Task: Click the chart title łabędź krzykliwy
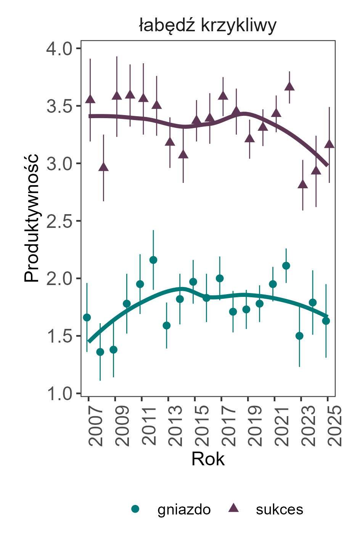pyautogui.click(x=207, y=26)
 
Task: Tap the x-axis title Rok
pyautogui.click(x=208, y=459)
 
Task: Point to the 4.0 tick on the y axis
pyautogui.click(x=59, y=49)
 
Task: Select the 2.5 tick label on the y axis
pyautogui.click(x=59, y=221)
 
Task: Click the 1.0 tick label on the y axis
pyautogui.click(x=59, y=394)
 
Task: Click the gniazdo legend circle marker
pyautogui.click(x=135, y=509)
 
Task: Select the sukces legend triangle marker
pyautogui.click(x=233, y=508)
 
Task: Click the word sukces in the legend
pyautogui.click(x=280, y=510)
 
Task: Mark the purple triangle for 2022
pyautogui.click(x=289, y=87)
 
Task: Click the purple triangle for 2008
pyautogui.click(x=103, y=167)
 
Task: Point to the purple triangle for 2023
pyautogui.click(x=303, y=184)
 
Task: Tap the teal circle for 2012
pyautogui.click(x=153, y=260)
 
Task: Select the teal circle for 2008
pyautogui.click(x=100, y=352)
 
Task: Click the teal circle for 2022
pyautogui.click(x=286, y=266)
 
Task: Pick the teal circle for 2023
pyautogui.click(x=299, y=336)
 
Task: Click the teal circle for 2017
pyautogui.click(x=220, y=278)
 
